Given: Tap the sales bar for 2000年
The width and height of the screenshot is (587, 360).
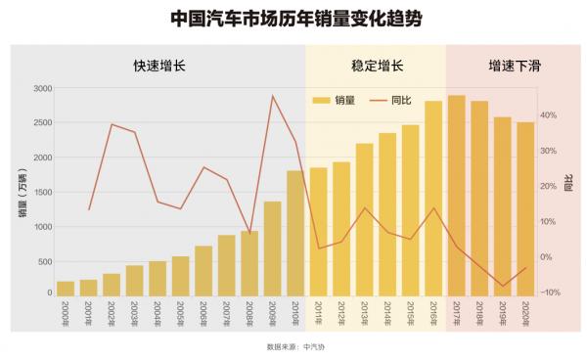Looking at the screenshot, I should pyautogui.click(x=66, y=288).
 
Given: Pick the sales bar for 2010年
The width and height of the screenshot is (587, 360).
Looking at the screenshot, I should pyautogui.click(x=294, y=232).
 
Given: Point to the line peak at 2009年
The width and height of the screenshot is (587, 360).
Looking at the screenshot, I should pyautogui.click(x=272, y=96).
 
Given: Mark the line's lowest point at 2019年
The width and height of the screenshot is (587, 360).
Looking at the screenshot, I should pyautogui.click(x=503, y=287).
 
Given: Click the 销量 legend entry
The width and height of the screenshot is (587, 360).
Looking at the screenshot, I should pyautogui.click(x=333, y=100).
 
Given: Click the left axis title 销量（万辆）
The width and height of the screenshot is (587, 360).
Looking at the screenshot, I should pyautogui.click(x=21, y=192).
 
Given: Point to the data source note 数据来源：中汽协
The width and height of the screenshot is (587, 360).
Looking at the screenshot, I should pyautogui.click(x=293, y=345).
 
